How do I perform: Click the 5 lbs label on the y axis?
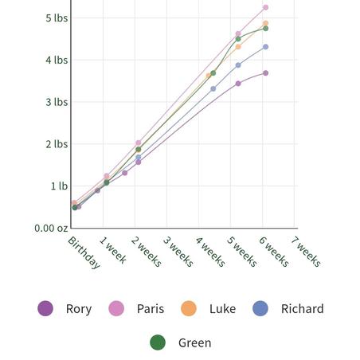[x=57, y=18]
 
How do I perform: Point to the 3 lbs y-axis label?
[x=57, y=102]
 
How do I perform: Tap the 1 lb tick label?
[x=59, y=186]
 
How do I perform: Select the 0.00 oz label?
[x=51, y=228]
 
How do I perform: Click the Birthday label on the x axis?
[x=84, y=252]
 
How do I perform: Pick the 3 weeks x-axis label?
[x=178, y=252]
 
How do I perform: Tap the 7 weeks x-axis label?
[x=306, y=252]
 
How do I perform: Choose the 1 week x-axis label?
[x=113, y=250]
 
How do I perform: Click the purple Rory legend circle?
[x=45, y=308]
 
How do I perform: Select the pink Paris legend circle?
[x=116, y=308]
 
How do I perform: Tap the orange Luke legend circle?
[x=189, y=308]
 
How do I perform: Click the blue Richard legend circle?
[x=260, y=308]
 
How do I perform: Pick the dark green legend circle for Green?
[x=158, y=342]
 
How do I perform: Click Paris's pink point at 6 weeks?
[x=265, y=7]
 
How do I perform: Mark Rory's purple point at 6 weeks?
[x=265, y=73]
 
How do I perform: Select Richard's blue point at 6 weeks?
[x=265, y=47]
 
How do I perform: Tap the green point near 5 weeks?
[x=238, y=39]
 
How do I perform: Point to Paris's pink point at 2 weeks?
[x=139, y=143]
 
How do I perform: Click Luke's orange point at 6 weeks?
[x=265, y=23]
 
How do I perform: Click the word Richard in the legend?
[x=303, y=309]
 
